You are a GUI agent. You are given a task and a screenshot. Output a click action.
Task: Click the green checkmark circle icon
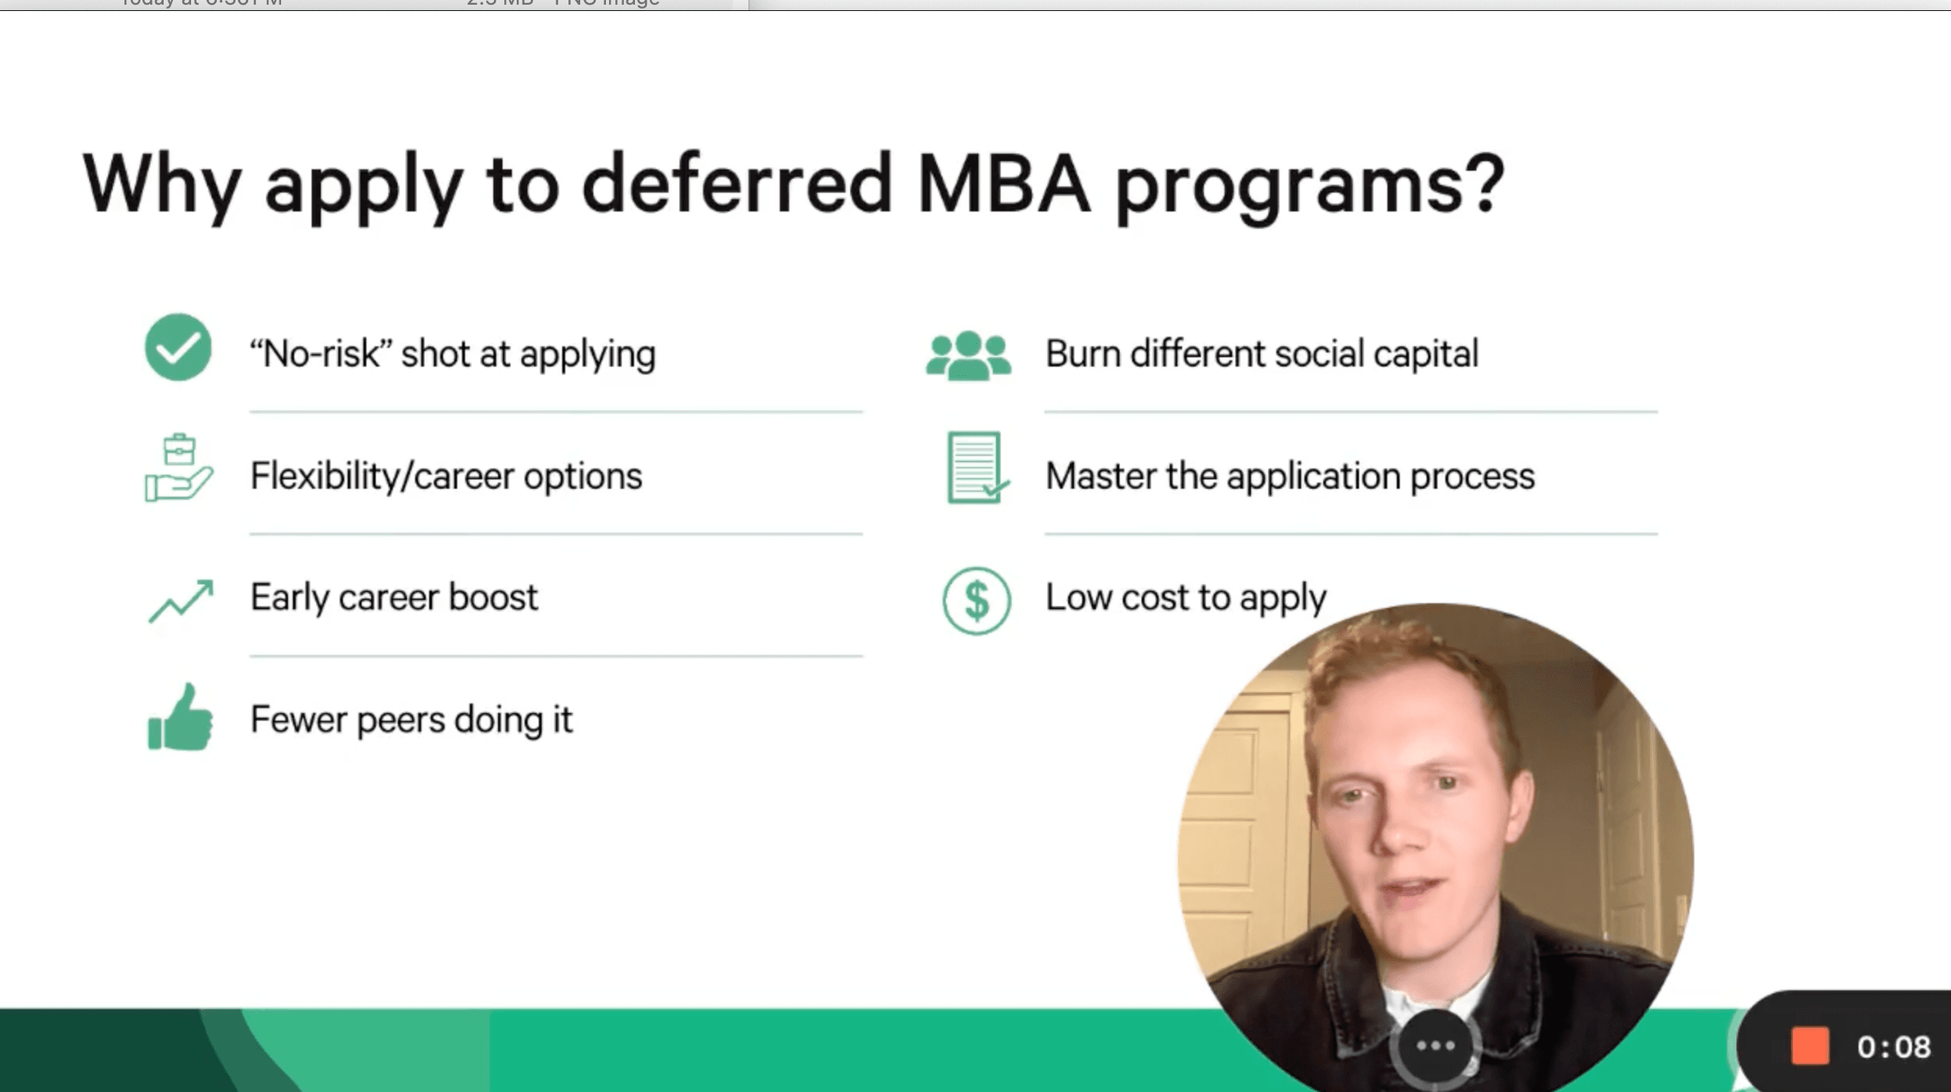click(178, 348)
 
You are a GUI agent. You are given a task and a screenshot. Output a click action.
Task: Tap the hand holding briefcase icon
click(179, 468)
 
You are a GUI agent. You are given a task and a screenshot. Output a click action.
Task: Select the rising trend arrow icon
click(181, 601)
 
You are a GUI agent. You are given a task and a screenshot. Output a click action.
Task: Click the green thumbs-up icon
click(180, 717)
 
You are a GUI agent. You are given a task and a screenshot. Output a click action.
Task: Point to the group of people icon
click(968, 356)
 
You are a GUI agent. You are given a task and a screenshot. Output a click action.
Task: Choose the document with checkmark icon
click(977, 468)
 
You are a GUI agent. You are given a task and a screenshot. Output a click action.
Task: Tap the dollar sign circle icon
click(976, 601)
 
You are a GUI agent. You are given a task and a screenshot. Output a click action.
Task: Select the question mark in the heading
click(1482, 184)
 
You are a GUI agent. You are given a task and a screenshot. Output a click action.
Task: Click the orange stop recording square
click(1809, 1046)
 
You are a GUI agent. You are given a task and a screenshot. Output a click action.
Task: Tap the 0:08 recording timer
click(1894, 1047)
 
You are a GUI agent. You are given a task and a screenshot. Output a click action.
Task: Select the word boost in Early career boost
click(493, 597)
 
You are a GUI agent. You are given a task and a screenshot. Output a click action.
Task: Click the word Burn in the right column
click(1084, 353)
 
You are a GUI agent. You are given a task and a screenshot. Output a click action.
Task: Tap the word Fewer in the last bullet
click(298, 719)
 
